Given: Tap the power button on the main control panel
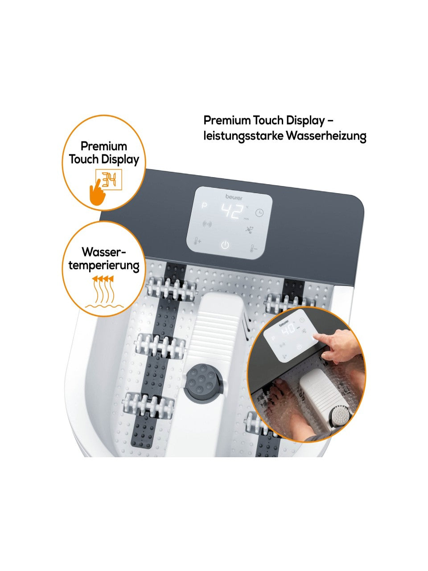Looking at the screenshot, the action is (225, 245).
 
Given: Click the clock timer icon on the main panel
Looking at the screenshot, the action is (259, 213).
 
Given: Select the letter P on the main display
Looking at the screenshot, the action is (205, 206).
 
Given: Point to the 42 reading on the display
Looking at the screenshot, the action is (232, 211).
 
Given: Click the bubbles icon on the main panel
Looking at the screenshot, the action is (250, 229).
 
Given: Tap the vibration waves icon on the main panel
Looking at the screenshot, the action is (207, 224).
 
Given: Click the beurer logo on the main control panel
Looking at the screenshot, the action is (234, 198).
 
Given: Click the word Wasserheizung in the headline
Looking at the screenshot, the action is (326, 136).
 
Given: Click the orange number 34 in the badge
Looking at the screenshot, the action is (109, 179).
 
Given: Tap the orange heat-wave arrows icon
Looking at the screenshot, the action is (104, 292).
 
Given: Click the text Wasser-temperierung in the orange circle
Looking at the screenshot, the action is (104, 259).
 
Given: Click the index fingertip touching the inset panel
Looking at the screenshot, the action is (316, 337).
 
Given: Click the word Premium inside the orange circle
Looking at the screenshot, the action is (104, 146).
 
